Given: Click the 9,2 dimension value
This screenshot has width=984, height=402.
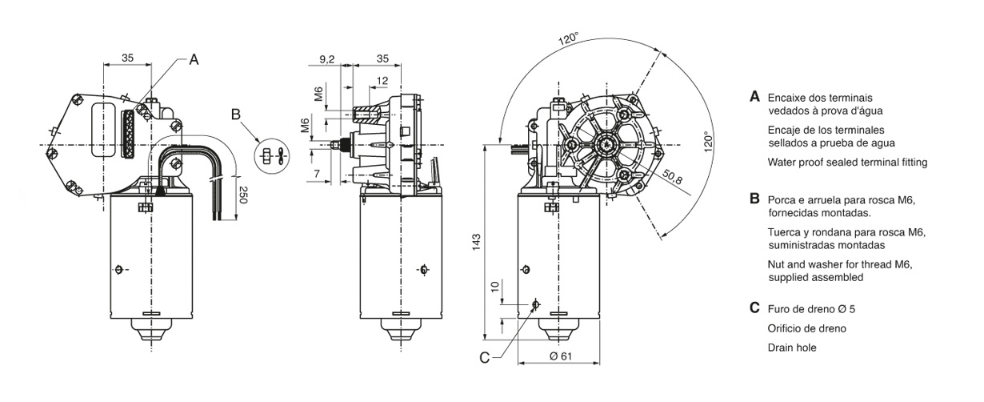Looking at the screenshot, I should pos(326,58).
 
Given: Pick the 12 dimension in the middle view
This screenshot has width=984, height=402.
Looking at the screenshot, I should pos(382,80).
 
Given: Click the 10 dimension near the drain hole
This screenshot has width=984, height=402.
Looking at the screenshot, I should pos(494,286).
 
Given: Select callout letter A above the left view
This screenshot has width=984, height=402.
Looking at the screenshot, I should pos(194,59).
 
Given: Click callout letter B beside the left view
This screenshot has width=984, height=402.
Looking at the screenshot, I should pos(235,114).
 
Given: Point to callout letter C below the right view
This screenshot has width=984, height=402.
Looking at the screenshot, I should pos(484,358).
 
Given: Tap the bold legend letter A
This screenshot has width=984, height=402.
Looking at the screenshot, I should pos(754,96).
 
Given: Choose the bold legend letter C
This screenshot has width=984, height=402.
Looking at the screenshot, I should pos(754,308).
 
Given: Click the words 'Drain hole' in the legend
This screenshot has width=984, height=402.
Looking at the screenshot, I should pos(792,348).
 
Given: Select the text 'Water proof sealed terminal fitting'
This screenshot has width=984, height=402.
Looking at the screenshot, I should pos(847,163).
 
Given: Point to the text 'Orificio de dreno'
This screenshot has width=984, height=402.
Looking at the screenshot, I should pos(806,328).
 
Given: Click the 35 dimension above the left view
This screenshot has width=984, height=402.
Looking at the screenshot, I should pos(127,58).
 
